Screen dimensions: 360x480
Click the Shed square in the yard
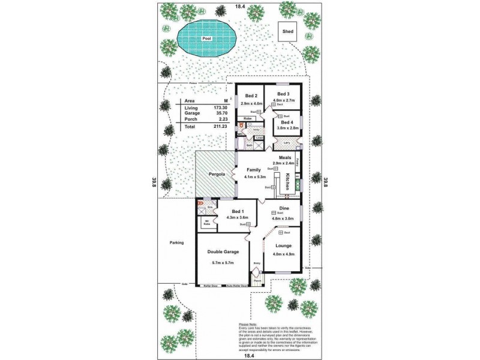[287, 31]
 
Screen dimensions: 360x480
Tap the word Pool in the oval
[208, 38]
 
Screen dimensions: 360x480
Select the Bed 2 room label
[251, 96]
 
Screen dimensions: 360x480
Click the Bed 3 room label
[284, 94]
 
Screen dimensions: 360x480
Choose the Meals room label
[285, 157]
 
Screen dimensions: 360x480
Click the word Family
[254, 170]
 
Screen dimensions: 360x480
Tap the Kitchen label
[288, 178]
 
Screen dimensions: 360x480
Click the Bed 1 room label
[238, 212]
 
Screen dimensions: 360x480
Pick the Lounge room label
[284, 245]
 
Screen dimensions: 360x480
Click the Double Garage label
[222, 252]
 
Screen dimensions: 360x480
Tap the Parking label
[176, 242]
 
